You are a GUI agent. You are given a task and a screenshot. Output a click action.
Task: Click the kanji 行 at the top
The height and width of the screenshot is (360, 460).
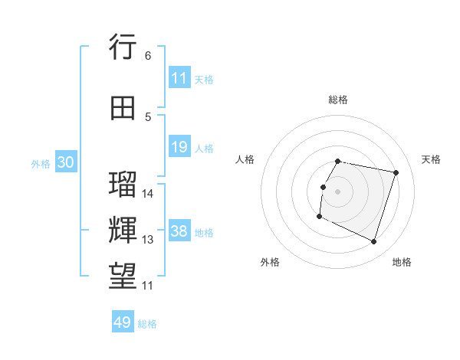[x=123, y=47]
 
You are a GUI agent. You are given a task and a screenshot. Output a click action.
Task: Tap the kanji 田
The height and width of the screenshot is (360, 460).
[x=123, y=109]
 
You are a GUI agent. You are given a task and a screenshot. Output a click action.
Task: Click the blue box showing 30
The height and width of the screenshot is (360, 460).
[x=65, y=163]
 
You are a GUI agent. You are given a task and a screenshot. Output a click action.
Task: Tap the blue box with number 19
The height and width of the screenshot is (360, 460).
[x=179, y=148]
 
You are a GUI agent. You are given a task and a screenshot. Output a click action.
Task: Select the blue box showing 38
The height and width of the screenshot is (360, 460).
[x=179, y=232]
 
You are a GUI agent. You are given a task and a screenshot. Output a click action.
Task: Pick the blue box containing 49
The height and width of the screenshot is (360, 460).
[x=123, y=322]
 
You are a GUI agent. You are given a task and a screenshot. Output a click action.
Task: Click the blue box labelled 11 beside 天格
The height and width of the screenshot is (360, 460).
[x=179, y=78]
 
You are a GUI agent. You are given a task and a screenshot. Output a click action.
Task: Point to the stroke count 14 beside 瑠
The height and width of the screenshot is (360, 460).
[x=148, y=194]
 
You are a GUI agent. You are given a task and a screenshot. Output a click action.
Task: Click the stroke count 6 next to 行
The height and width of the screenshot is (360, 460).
[x=148, y=56]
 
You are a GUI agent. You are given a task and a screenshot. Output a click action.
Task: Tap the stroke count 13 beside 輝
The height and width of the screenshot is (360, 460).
[x=148, y=240]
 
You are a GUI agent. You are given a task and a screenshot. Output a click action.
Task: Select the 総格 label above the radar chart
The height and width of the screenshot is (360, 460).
[x=338, y=100]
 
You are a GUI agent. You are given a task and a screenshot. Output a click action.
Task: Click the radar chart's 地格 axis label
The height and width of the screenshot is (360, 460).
[x=402, y=262]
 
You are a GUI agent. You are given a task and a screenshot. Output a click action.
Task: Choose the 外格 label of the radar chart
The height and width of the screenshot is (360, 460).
[x=270, y=262]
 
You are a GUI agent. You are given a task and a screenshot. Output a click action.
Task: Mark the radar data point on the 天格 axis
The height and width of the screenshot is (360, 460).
[x=396, y=172]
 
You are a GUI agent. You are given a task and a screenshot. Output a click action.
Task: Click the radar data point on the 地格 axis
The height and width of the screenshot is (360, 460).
[x=373, y=242]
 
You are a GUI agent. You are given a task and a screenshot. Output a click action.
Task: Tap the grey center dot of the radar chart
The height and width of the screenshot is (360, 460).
[x=337, y=191]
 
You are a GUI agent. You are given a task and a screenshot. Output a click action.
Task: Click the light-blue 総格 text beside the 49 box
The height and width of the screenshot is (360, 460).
[x=147, y=324]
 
